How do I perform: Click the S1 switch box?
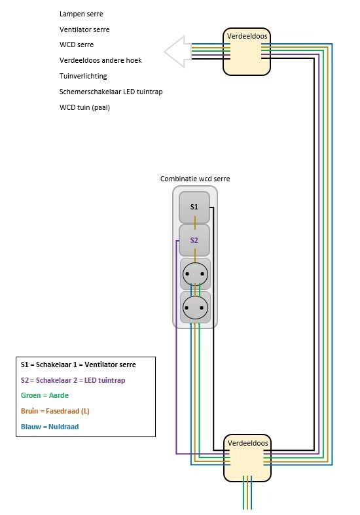coord(194,207)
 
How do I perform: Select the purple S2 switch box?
coord(194,240)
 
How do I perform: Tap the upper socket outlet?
coord(194,274)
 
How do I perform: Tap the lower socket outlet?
coord(194,306)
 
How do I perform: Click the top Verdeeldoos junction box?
coord(247,53)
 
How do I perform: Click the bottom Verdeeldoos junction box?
coord(247,458)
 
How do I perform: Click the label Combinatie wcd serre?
coord(195,179)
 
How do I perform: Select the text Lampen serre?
coord(81,14)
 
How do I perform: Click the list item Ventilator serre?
coord(84,29)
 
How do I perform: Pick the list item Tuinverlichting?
coord(82,76)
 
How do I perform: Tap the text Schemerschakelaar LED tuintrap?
coord(111,92)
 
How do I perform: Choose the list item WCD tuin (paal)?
coord(84,107)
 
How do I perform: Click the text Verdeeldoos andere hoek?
coord(100,60)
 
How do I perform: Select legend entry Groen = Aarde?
coord(45,395)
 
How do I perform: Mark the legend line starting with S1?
coord(87,364)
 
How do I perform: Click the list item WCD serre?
coord(76,44)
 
